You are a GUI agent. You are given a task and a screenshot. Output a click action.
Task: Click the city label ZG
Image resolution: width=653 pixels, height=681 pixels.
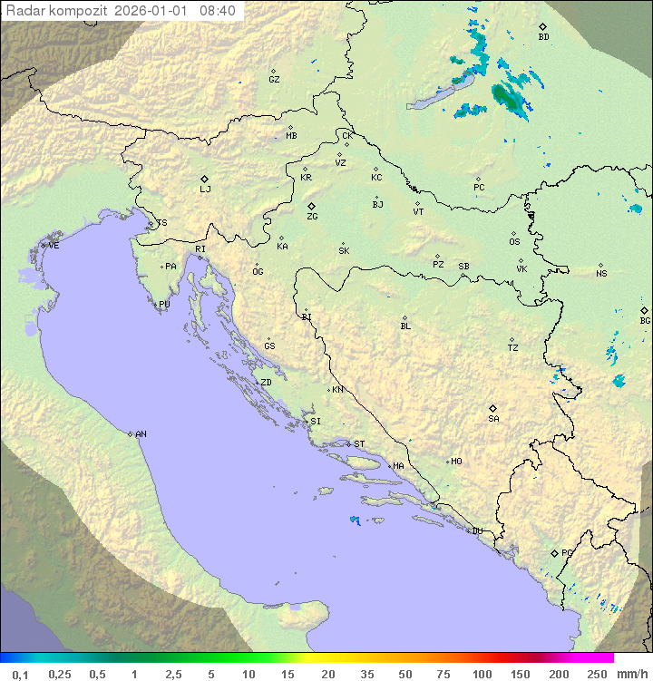coord(312,217)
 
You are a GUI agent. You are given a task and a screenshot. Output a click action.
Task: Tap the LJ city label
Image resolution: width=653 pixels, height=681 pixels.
coord(205,190)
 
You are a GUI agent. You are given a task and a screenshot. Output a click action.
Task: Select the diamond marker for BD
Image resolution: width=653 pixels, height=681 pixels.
coord(542,26)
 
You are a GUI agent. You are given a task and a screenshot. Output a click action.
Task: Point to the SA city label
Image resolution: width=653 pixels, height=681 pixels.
coord(493,419)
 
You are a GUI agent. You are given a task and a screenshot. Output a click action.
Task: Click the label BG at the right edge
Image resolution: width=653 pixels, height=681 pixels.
coord(645,321)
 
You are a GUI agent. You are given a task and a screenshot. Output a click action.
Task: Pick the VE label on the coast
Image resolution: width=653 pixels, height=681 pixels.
coord(54,246)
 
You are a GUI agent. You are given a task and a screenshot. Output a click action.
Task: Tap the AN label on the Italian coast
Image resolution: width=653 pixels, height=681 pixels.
coord(141,434)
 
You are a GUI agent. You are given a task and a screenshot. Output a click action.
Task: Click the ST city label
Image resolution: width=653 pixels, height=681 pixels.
coord(359,444)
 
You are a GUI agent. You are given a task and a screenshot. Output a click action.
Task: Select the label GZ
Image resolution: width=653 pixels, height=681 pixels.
coord(274,80)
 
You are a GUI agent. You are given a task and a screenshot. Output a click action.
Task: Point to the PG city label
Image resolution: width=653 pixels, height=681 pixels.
coord(567,553)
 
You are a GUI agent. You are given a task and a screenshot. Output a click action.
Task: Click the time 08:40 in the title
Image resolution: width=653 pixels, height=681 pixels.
coord(218,11)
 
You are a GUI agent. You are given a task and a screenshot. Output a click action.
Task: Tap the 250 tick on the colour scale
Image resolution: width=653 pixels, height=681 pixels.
coord(597,674)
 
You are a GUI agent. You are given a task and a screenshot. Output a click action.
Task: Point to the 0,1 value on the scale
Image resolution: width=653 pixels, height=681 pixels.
coord(20,674)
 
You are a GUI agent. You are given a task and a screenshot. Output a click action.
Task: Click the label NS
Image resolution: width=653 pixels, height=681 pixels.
coord(601,274)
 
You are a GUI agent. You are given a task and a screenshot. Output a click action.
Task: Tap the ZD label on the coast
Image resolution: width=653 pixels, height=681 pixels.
coord(266,383)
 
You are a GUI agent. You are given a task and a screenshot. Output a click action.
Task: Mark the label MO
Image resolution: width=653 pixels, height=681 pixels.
coord(456,462)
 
